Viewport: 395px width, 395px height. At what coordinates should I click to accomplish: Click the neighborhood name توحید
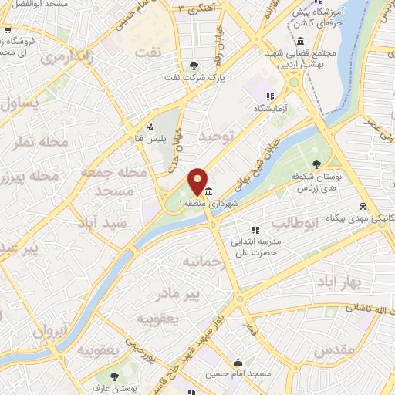(215, 136)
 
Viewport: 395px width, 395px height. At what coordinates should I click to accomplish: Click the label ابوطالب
(293, 225)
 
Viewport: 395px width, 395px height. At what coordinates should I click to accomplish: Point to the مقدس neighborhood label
(337, 349)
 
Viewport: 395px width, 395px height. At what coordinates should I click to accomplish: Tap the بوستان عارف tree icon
(115, 376)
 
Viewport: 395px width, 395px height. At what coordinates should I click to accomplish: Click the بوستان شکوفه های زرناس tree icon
(316, 164)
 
